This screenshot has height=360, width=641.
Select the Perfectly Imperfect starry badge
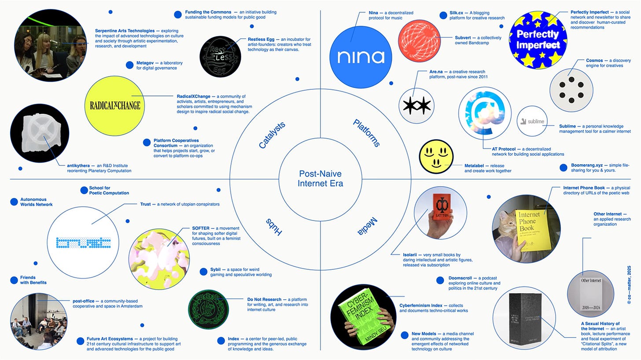(538, 40)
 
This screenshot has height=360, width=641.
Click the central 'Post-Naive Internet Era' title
(320, 179)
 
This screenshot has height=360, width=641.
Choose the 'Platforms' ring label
(366, 133)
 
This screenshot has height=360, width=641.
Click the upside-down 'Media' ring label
(367, 226)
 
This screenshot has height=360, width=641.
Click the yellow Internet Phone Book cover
(533, 229)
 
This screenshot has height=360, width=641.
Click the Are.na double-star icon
(416, 106)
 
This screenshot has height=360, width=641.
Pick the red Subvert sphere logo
(419, 40)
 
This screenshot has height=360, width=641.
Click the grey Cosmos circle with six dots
(571, 90)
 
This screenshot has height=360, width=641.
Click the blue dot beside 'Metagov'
(129, 65)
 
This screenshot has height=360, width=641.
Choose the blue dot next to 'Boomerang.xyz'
(563, 167)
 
